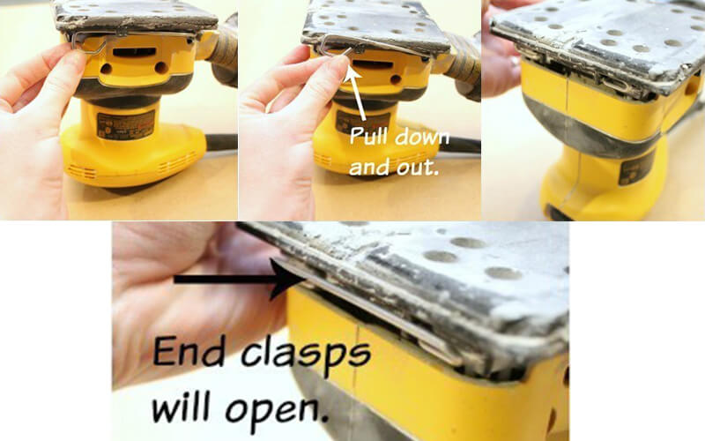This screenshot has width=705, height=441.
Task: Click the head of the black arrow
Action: click(286, 280)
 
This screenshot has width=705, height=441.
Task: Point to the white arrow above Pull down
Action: click(358, 93)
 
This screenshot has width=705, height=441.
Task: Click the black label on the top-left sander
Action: click(125, 124)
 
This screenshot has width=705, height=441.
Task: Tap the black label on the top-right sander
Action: click(635, 168)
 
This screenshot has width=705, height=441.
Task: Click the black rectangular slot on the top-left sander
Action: click(135, 52)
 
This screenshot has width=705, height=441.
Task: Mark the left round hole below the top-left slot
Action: click(107, 69)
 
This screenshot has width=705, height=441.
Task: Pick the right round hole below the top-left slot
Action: click(161, 68)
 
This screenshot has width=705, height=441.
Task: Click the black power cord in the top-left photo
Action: click(222, 142)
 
